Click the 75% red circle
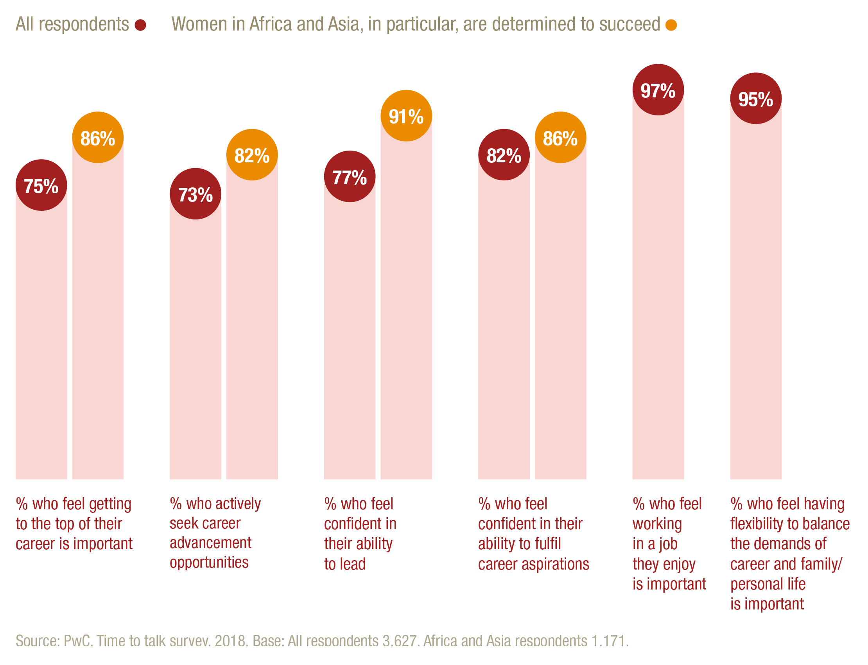pos(41,185)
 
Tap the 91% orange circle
pos(406,115)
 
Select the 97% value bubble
pos(658,90)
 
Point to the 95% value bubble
pos(756,98)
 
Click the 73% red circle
pos(195,194)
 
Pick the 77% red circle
pos(349,176)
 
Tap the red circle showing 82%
pos(504,155)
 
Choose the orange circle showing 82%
pos(252,155)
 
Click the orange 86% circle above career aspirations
pos(560,137)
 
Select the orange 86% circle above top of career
pos(98,137)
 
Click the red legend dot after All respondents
pos(140,25)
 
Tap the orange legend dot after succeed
pos(671,25)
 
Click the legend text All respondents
pos(72,25)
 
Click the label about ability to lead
pos(360,534)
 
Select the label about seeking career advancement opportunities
pos(215,533)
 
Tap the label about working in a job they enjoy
pos(669,543)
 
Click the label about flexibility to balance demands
pos(790,554)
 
